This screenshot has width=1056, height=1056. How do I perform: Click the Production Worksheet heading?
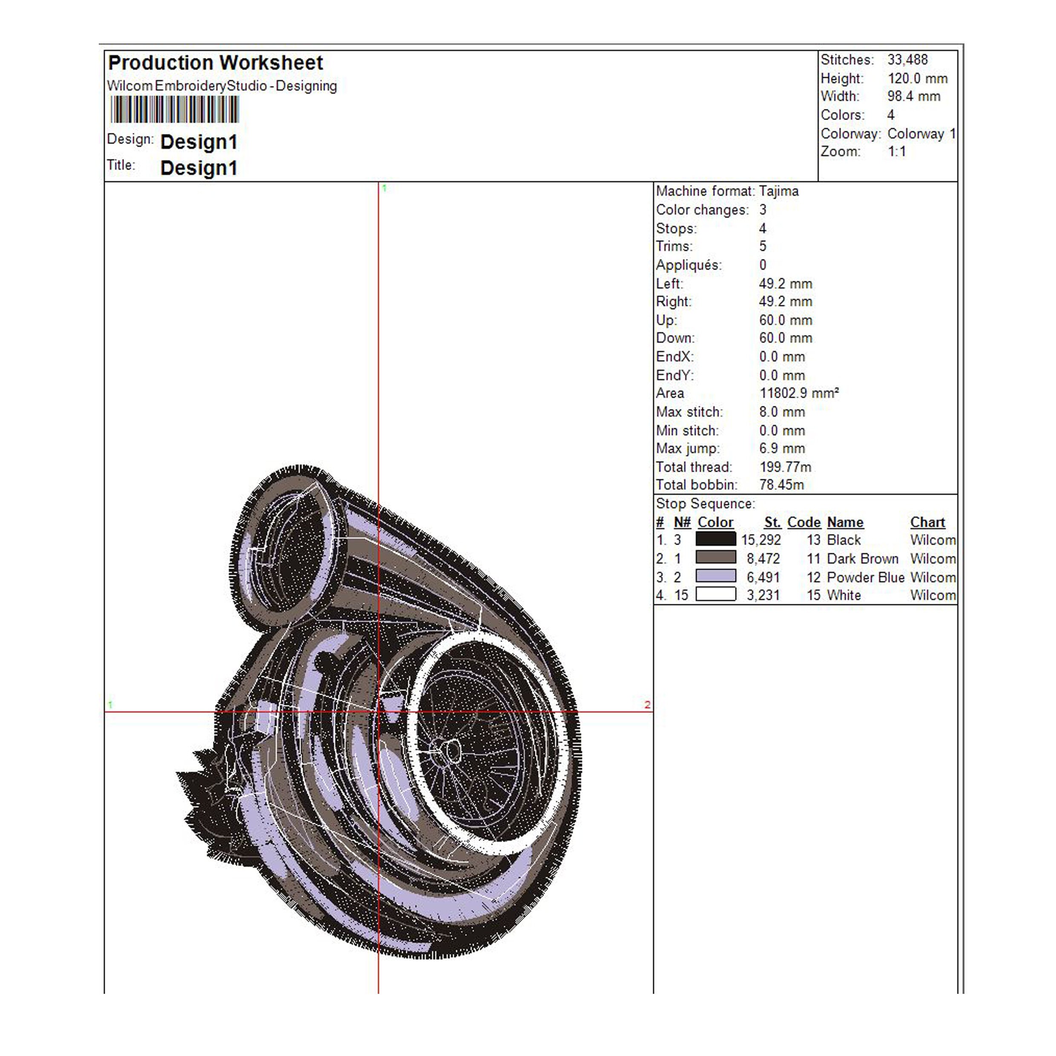click(x=215, y=63)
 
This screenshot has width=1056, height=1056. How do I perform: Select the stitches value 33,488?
click(x=907, y=60)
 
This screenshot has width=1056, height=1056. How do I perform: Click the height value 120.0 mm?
click(x=917, y=78)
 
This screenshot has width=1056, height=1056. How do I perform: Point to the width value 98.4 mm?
click(x=913, y=96)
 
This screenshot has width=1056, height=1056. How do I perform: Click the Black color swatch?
click(x=715, y=539)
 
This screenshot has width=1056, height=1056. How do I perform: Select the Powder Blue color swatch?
click(x=715, y=576)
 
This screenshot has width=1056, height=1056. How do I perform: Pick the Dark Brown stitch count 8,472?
click(x=763, y=559)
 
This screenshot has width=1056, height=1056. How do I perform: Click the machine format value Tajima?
click(x=778, y=191)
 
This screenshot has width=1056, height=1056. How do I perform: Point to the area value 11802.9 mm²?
click(x=798, y=393)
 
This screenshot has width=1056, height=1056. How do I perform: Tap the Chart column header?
click(x=927, y=522)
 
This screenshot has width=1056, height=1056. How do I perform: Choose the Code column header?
click(x=803, y=522)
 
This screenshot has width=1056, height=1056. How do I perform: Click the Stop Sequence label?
click(x=705, y=503)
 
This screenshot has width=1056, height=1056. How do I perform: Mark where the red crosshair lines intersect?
click(x=378, y=712)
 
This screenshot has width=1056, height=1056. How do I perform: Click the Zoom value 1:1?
click(x=896, y=152)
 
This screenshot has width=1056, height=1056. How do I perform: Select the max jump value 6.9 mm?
click(x=782, y=448)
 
